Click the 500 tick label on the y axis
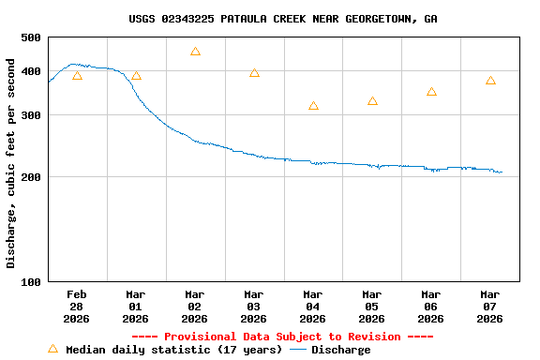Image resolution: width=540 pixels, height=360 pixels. click(x=31, y=37)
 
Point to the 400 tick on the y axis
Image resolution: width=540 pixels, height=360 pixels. click(x=31, y=71)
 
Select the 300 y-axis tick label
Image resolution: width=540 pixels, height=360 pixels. click(x=31, y=115)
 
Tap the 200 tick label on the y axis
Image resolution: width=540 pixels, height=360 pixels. click(x=31, y=177)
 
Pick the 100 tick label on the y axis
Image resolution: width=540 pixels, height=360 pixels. click(x=31, y=281)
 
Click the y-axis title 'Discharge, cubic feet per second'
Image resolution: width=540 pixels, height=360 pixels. click(x=11, y=163)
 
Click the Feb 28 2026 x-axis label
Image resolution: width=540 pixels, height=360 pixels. click(x=77, y=306)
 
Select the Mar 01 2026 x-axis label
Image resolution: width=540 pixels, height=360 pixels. click(x=136, y=306)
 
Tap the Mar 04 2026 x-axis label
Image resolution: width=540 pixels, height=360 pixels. click(x=313, y=306)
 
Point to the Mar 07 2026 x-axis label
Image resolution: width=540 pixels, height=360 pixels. click(x=490, y=306)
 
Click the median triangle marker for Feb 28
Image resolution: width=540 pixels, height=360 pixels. click(x=77, y=76)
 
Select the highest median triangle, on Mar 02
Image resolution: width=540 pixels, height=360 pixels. click(x=195, y=52)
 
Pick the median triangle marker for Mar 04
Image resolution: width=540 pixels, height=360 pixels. click(x=313, y=106)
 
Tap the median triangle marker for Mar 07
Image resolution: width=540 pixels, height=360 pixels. click(x=490, y=81)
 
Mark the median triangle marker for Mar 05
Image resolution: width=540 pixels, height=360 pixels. click(x=372, y=100)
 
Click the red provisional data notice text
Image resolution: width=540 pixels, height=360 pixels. click(x=282, y=337)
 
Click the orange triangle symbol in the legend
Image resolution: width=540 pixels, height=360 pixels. click(x=52, y=349)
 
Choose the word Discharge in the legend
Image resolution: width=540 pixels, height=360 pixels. click(x=340, y=350)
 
